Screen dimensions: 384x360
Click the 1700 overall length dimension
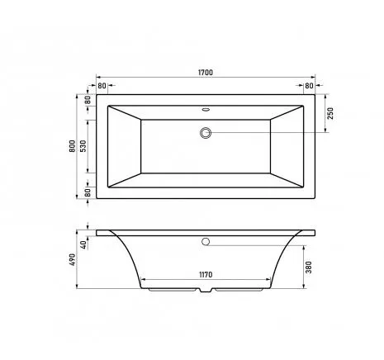[206, 73]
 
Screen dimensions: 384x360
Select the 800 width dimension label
[72, 146]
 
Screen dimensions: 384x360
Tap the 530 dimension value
[83, 146]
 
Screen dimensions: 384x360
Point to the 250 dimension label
[330, 113]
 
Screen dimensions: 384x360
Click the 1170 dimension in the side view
[206, 275]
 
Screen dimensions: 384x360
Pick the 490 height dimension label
[72, 259]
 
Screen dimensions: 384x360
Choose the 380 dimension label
[309, 267]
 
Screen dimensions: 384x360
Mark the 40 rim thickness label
[83, 244]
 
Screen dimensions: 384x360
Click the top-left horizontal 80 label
[102, 86]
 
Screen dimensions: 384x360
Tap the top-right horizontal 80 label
[309, 86]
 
